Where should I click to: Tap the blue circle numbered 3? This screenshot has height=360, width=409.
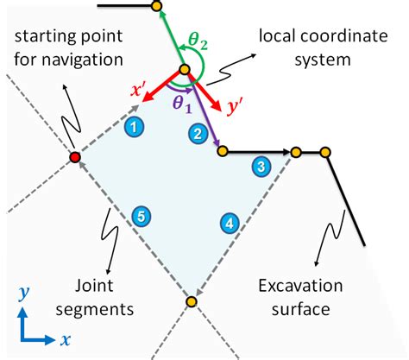pos(260,166)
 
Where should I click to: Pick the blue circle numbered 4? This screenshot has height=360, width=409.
pos(230,222)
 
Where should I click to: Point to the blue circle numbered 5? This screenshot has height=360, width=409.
pos(137,219)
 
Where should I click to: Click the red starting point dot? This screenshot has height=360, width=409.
pos(75,157)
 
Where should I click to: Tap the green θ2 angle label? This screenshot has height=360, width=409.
pos(199,38)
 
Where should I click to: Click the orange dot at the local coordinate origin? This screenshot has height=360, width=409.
pos(184,71)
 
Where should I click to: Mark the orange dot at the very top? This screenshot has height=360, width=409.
pos(156,6)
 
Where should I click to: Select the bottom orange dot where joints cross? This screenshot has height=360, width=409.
pos(191,300)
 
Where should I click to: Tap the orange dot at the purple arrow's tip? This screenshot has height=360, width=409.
pos(222,152)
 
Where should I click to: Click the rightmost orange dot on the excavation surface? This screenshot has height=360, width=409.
pos(325,153)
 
